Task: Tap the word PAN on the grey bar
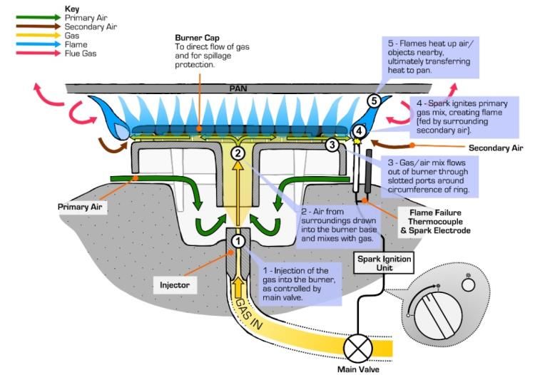238,89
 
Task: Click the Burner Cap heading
198,38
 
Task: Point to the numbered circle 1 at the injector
238,241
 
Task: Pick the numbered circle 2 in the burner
238,152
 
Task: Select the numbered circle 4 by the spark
360,131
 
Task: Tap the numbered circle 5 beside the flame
374,101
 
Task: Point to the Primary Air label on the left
81,207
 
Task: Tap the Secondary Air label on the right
496,148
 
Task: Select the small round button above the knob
468,284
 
